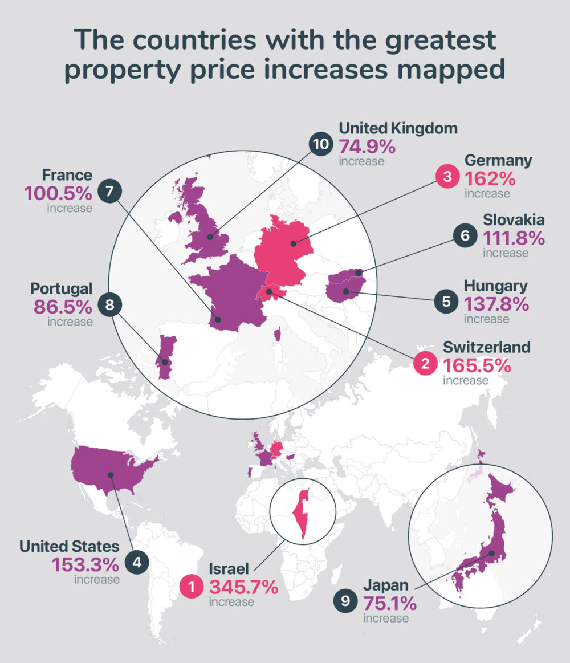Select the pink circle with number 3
[447, 178]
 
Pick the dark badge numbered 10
[321, 144]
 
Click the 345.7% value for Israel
[243, 587]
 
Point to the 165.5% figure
[477, 364]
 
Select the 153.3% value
[85, 564]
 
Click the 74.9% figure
[367, 147]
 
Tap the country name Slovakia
[514, 220]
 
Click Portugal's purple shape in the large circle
[165, 356]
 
